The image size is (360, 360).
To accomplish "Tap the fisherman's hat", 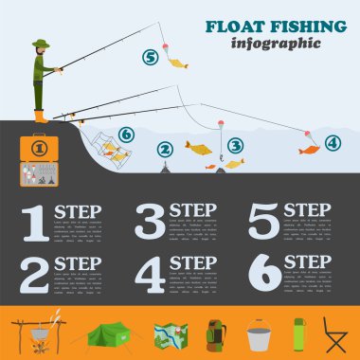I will (39, 44).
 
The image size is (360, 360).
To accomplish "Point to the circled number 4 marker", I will (331, 143).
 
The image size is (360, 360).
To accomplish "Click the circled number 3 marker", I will (236, 146).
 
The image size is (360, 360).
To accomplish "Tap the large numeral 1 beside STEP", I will (33, 223).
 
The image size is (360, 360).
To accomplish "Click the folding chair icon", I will (337, 333).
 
